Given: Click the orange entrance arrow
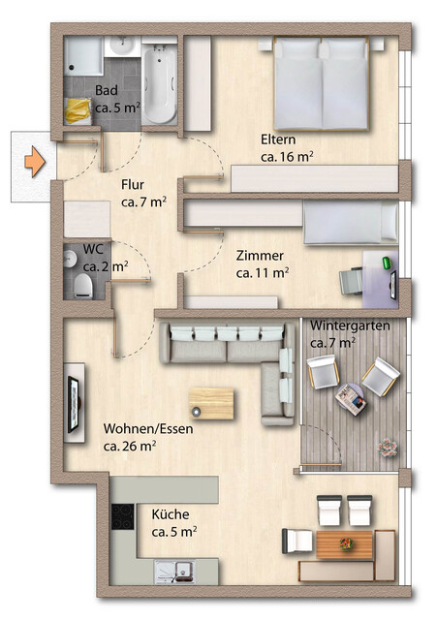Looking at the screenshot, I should tap(35, 161).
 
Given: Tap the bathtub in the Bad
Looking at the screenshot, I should tap(161, 85).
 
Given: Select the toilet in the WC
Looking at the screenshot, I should tap(83, 284).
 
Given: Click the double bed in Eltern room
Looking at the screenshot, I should tap(321, 84).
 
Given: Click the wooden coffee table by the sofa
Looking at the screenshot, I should tap(212, 401).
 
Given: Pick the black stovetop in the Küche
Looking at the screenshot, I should tap(121, 517).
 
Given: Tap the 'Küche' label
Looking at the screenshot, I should tap(170, 514).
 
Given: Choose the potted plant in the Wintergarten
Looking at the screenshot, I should tap(389, 448).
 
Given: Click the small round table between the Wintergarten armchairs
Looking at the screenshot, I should tap(349, 394).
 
